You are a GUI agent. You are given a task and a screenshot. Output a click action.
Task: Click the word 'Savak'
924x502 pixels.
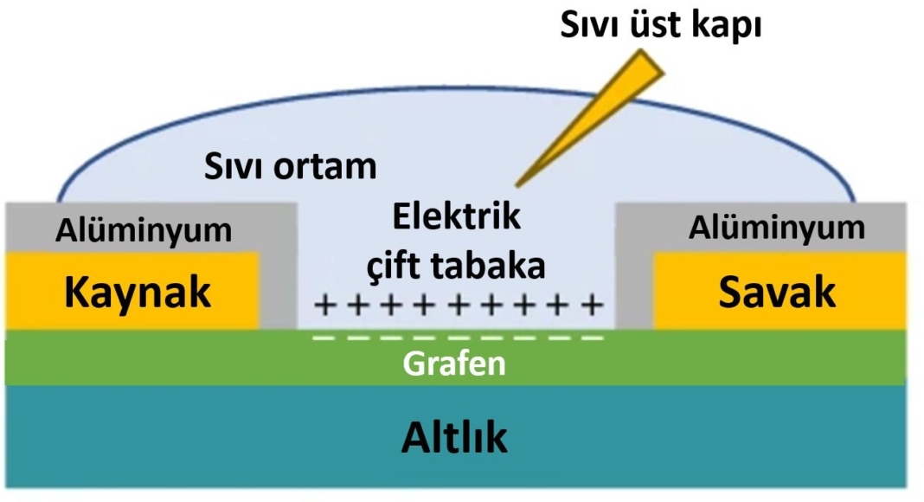pyautogui.click(x=778, y=293)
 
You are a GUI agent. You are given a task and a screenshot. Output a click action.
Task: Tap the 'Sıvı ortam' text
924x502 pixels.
pyautogui.click(x=291, y=165)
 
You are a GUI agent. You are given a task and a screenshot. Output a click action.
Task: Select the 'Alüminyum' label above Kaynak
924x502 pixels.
pyautogui.click(x=144, y=230)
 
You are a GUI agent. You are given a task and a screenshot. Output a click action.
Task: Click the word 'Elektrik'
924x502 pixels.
pyautogui.click(x=457, y=216)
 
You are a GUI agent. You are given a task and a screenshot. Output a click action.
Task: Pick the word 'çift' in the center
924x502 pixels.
pyautogui.click(x=395, y=266)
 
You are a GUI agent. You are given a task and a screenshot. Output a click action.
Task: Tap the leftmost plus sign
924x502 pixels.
pyautogui.click(x=324, y=305)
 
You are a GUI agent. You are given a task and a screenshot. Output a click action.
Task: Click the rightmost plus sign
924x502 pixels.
pyautogui.click(x=592, y=305)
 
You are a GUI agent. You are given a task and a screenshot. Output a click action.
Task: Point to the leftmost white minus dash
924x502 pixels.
pyautogui.click(x=323, y=337)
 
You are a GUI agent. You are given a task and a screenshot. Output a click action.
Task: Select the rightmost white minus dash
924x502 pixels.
pyautogui.click(x=592, y=337)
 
